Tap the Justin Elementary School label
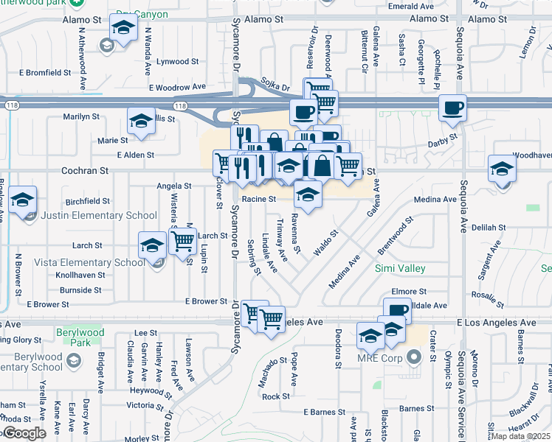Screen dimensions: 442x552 [x=98, y=215]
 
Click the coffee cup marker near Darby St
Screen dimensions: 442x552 [x=453, y=108]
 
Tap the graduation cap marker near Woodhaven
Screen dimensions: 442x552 [x=502, y=170]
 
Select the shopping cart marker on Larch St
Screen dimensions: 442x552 [x=182, y=239]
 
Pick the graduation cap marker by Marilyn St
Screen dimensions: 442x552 [x=142, y=120]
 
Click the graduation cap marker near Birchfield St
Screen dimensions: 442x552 [x=23, y=200]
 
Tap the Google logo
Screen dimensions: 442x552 [x=24, y=433]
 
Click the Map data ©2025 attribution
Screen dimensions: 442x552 [x=521, y=436]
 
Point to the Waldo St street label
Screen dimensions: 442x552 [x=325, y=242]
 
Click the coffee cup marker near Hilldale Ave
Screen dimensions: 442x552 [x=397, y=311]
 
